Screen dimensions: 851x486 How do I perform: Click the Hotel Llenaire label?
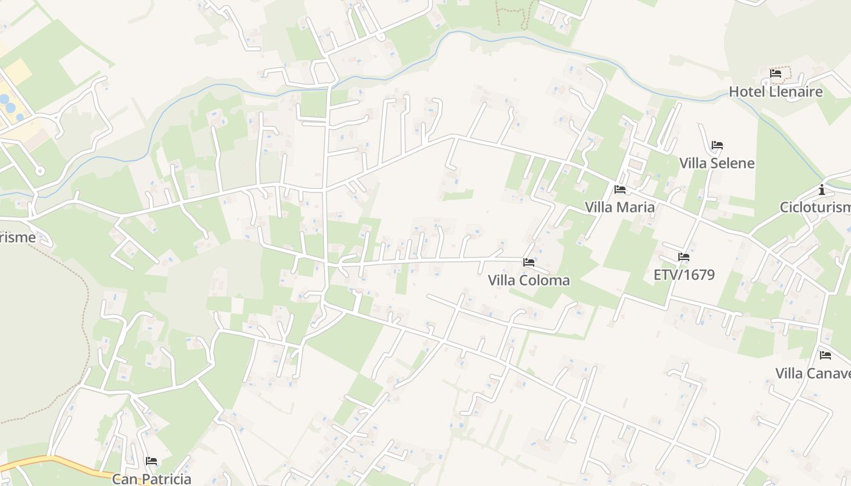(x=776, y=92)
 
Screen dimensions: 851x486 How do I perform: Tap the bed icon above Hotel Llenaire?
(x=776, y=74)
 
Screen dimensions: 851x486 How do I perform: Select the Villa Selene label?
(x=717, y=163)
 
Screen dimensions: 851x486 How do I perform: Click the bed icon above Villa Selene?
(x=717, y=145)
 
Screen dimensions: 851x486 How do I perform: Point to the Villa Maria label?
(x=620, y=207)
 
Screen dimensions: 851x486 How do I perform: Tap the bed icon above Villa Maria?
(x=620, y=190)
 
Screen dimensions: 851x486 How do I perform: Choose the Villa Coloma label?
(x=529, y=280)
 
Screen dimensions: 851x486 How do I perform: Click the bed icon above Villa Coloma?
(x=529, y=262)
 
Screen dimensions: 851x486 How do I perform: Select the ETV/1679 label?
(x=684, y=275)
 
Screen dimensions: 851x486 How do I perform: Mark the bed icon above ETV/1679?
(x=684, y=257)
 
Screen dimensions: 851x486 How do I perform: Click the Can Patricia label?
(x=152, y=479)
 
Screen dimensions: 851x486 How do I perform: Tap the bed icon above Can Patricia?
(x=151, y=461)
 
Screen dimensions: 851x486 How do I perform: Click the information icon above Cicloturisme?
(x=822, y=190)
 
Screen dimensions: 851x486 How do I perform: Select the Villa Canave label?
(x=813, y=372)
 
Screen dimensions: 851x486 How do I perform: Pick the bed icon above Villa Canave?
(x=825, y=355)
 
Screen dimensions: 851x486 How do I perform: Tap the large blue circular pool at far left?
(x=10, y=108)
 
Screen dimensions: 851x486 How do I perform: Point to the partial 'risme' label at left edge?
(x=18, y=237)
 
